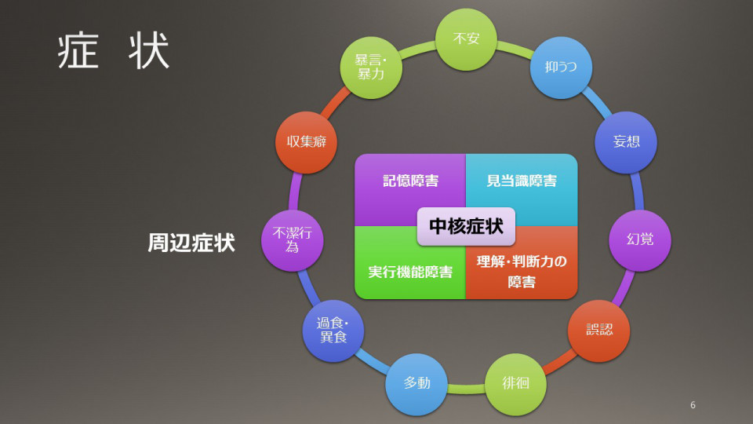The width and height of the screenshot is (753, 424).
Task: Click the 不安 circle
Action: pyautogui.click(x=466, y=39)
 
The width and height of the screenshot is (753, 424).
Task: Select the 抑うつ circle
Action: pyautogui.click(x=561, y=68)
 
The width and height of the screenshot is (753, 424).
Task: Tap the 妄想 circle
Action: pyautogui.click(x=626, y=142)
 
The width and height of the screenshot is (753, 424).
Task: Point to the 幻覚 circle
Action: pyautogui.click(x=640, y=240)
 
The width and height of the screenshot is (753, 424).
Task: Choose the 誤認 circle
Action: pyautogui.click(x=598, y=331)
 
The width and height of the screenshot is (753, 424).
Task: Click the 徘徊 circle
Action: pyautogui.click(x=515, y=384)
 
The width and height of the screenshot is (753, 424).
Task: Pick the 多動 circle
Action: pyautogui.click(x=417, y=384)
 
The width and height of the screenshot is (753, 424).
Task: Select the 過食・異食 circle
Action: pyautogui.click(x=333, y=331)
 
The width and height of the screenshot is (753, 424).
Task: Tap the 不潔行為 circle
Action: pyautogui.click(x=292, y=240)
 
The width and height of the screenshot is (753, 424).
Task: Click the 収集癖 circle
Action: pyautogui.click(x=306, y=142)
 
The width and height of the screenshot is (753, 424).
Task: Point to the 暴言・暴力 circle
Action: pyautogui.click(x=371, y=68)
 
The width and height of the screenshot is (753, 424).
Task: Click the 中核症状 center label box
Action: pyautogui.click(x=466, y=226)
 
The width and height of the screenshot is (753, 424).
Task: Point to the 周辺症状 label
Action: pyautogui.click(x=191, y=243)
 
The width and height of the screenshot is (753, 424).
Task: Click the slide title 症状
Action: pyautogui.click(x=113, y=50)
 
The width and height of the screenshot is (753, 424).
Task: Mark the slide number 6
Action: pyautogui.click(x=693, y=405)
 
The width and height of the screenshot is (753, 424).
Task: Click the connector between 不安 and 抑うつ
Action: pyautogui.click(x=515, y=48)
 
